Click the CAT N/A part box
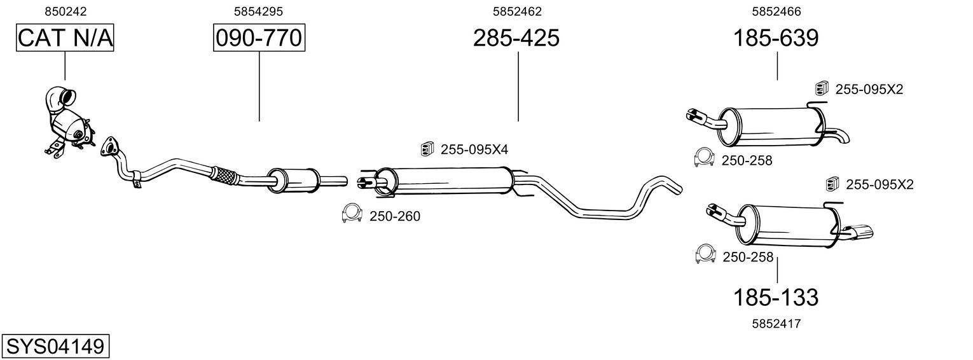64,38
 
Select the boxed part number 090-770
259,38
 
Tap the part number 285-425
516,38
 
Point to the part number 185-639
776,38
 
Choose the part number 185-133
776,296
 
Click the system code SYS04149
55,347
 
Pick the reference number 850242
66,11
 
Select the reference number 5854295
258,11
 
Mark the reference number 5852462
517,11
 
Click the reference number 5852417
776,323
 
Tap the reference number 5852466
776,11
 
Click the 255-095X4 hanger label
474,149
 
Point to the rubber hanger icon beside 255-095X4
427,149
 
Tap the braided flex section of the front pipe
224,176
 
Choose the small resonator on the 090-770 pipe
293,181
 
